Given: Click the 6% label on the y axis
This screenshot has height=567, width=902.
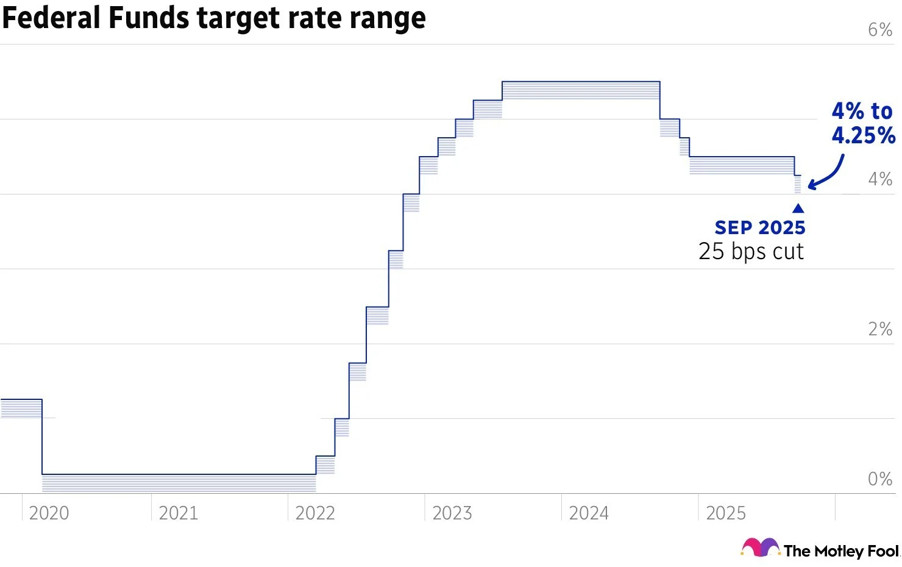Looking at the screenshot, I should pyautogui.click(x=880, y=30).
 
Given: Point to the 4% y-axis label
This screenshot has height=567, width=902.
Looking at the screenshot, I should pyautogui.click(x=880, y=179).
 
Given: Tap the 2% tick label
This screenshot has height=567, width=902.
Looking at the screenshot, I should pyautogui.click(x=880, y=329).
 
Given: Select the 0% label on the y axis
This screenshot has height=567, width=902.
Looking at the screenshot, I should pyautogui.click(x=880, y=479).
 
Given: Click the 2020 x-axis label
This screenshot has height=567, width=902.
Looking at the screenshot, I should pyautogui.click(x=49, y=513).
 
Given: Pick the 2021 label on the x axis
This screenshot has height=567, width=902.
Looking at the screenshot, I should pyautogui.click(x=179, y=513).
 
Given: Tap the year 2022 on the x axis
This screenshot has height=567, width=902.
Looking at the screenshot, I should pyautogui.click(x=315, y=513).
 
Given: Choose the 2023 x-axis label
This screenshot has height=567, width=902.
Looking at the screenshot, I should pyautogui.click(x=452, y=513).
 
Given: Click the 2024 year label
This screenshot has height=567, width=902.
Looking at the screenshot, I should pyautogui.click(x=589, y=513).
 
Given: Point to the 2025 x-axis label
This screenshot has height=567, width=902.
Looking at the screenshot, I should pyautogui.click(x=726, y=513).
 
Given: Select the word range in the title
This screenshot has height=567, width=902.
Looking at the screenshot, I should pyautogui.click(x=388, y=18).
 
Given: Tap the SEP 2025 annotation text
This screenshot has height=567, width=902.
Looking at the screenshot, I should pyautogui.click(x=760, y=227).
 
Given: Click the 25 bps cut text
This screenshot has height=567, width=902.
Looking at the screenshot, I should pyautogui.click(x=751, y=251).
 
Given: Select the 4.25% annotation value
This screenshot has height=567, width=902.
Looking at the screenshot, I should pyautogui.click(x=863, y=135).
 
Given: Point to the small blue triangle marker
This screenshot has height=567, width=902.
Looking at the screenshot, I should pyautogui.click(x=798, y=209).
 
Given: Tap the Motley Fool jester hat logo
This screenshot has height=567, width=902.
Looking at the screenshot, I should pyautogui.click(x=759, y=547).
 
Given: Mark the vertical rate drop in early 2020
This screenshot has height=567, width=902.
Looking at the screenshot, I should pyautogui.click(x=42, y=437).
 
